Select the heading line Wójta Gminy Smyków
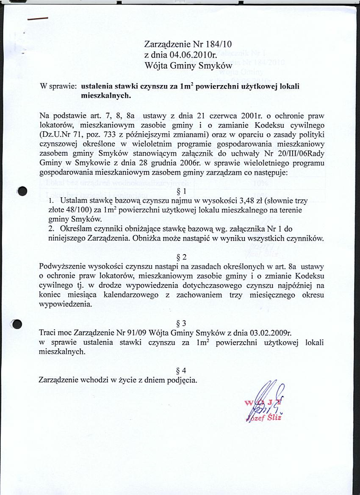coord(188,66)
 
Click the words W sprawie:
coord(58,86)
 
